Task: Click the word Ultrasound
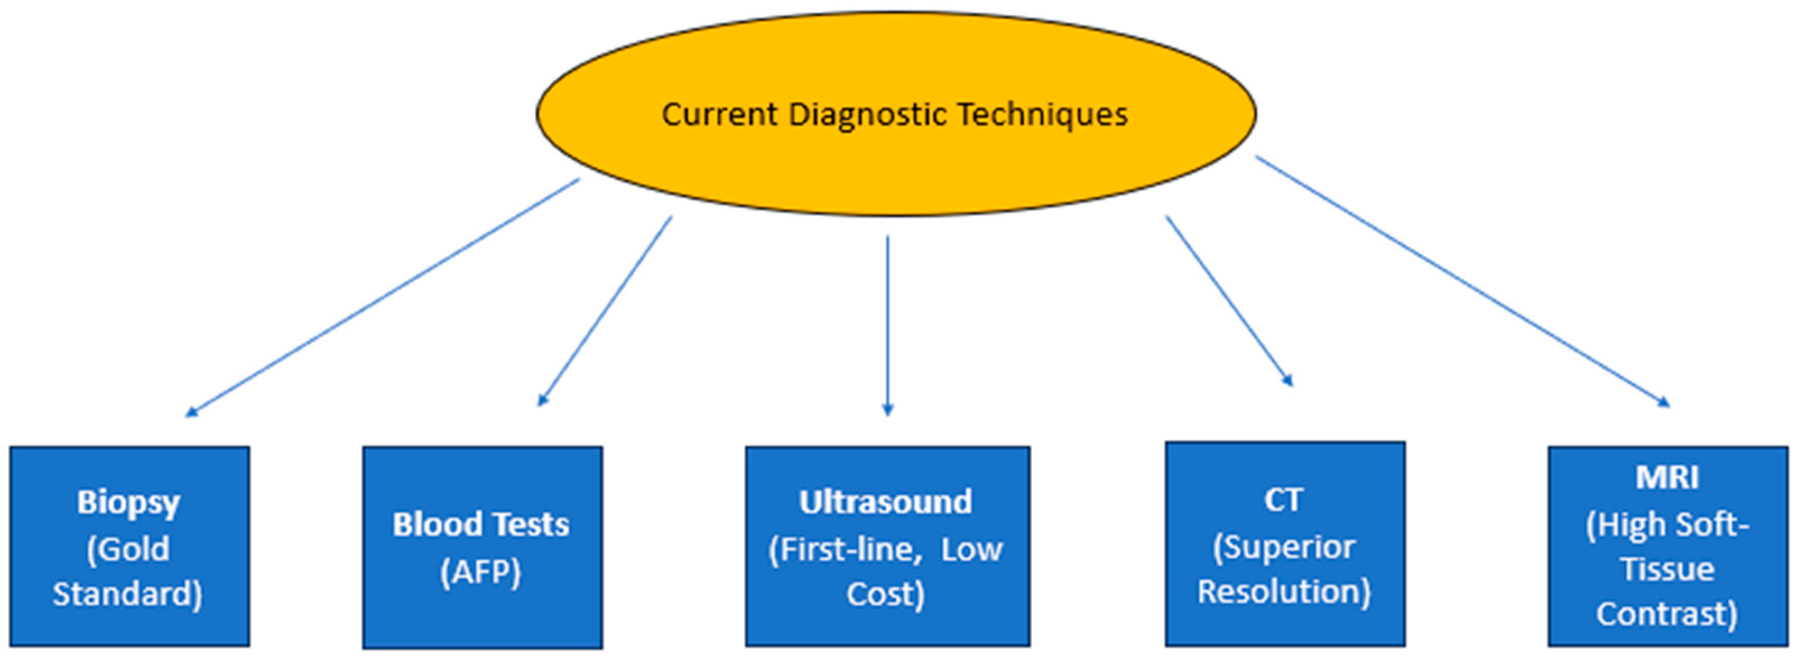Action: point(886,502)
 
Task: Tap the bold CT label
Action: point(1284,499)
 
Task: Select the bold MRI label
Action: point(1666,478)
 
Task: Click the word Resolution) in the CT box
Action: point(1284,591)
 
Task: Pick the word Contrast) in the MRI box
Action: point(1666,614)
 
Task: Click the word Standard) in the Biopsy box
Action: point(128,595)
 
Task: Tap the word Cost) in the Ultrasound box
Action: point(886,595)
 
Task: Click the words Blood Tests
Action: point(481,525)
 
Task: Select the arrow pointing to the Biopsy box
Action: point(383,297)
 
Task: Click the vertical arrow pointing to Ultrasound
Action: point(888,325)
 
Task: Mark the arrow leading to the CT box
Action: point(1229,300)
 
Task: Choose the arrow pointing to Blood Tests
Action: point(605,311)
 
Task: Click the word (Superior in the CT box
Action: point(1284,547)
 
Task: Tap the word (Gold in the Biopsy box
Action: point(128,549)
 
